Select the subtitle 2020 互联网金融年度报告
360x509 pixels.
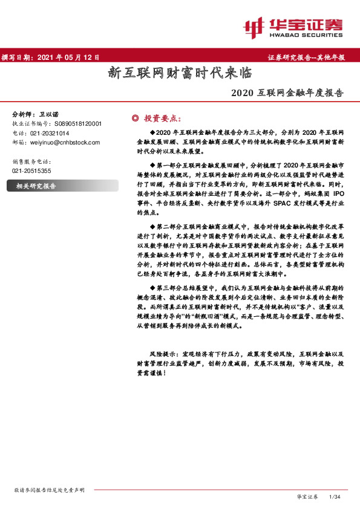(x=287, y=94)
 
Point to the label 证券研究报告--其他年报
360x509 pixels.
(x=306, y=57)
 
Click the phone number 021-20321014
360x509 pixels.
(x=50, y=133)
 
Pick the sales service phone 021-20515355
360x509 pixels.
(x=31, y=171)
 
